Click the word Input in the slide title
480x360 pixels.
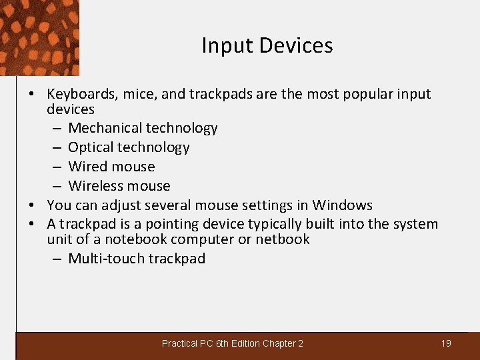pos(227,46)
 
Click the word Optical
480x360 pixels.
pos(91,147)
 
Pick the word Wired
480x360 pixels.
pos(87,167)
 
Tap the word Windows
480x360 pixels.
pos(343,205)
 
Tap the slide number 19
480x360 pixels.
pos(446,343)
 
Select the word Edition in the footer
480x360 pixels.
pos(246,343)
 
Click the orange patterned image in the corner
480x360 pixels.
pos(39,37)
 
